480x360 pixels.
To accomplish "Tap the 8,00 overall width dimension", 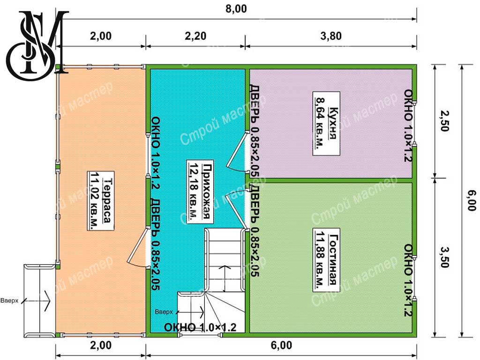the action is pyautogui.click(x=236, y=8).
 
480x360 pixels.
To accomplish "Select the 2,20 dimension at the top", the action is pyautogui.click(x=195, y=36).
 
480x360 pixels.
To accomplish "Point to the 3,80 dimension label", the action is pyautogui.click(x=331, y=36).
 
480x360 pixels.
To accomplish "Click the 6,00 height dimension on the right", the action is pyautogui.click(x=472, y=201).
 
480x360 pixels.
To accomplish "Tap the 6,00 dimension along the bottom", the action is pyautogui.click(x=281, y=345).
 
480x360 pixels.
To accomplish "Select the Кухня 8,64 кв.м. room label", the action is pyautogui.click(x=326, y=123).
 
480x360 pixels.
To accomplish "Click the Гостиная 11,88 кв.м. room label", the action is pyautogui.click(x=326, y=260).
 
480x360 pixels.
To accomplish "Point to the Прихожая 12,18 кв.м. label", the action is pyautogui.click(x=199, y=192).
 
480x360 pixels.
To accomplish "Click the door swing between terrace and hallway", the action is pyautogui.click(x=138, y=248).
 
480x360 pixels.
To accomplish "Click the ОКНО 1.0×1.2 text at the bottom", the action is pyautogui.click(x=200, y=327).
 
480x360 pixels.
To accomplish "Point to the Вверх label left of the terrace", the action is pyautogui.click(x=9, y=300).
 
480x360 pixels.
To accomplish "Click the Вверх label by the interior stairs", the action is pyautogui.click(x=164, y=312).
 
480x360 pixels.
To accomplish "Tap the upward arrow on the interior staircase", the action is pyautogui.click(x=225, y=278).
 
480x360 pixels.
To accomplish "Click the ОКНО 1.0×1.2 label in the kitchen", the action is pyautogui.click(x=408, y=125).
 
